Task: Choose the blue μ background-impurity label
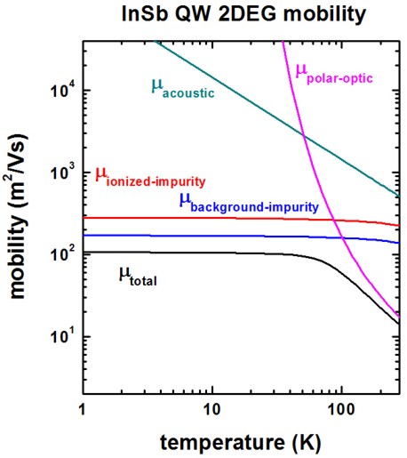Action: point(248,201)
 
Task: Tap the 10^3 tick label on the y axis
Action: point(60,173)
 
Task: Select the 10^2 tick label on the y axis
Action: point(60,254)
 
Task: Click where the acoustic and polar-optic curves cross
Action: point(304,136)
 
